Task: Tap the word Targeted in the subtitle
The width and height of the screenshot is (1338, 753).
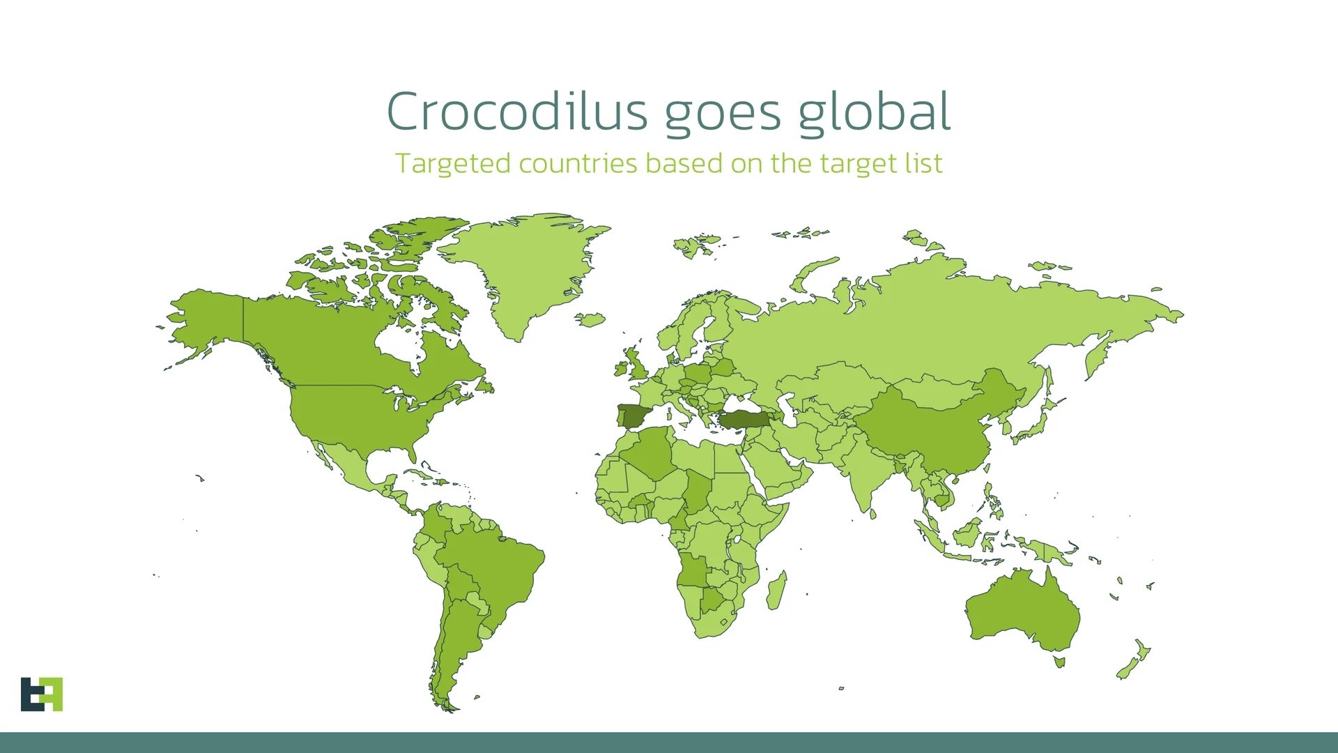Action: [x=453, y=164]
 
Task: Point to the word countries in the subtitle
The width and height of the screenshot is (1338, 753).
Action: [x=578, y=164]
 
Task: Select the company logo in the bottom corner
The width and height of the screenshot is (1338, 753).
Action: [x=42, y=694]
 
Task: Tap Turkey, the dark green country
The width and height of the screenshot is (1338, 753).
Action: [x=744, y=420]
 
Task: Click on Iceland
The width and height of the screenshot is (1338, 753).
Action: [x=590, y=319]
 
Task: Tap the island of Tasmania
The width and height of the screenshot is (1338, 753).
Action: [x=1059, y=661]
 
